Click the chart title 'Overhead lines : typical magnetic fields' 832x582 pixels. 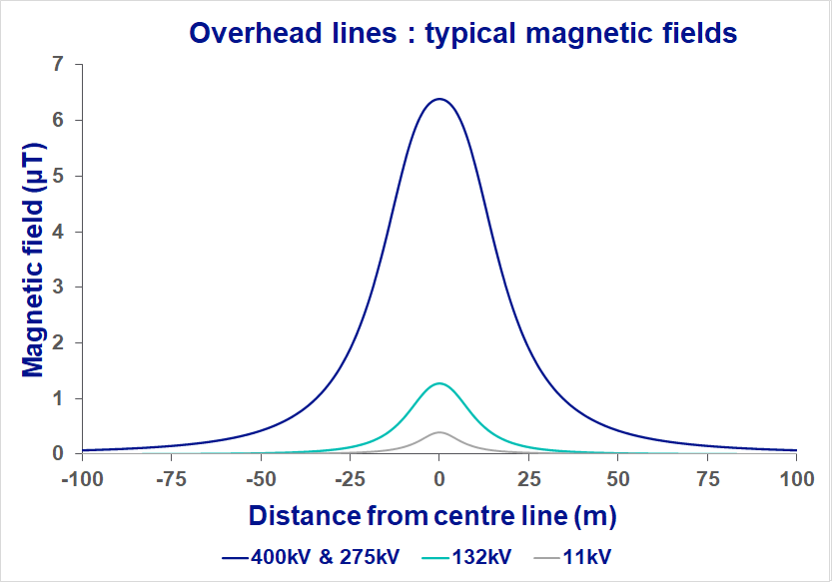pyautogui.click(x=463, y=32)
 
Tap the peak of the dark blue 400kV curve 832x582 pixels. pyautogui.click(x=438, y=99)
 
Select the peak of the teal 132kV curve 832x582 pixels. pyautogui.click(x=438, y=383)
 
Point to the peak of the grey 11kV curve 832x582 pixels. pyautogui.click(x=438, y=432)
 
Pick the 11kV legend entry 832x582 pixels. pyautogui.click(x=587, y=556)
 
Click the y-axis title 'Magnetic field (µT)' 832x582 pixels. pyautogui.click(x=33, y=259)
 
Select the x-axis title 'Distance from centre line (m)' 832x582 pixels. pyautogui.click(x=432, y=516)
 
